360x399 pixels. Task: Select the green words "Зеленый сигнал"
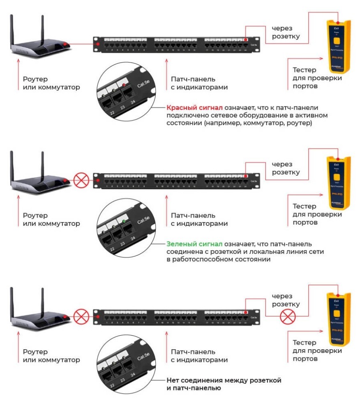(x=188, y=244)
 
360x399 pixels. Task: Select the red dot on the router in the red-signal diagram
(x=65, y=44)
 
